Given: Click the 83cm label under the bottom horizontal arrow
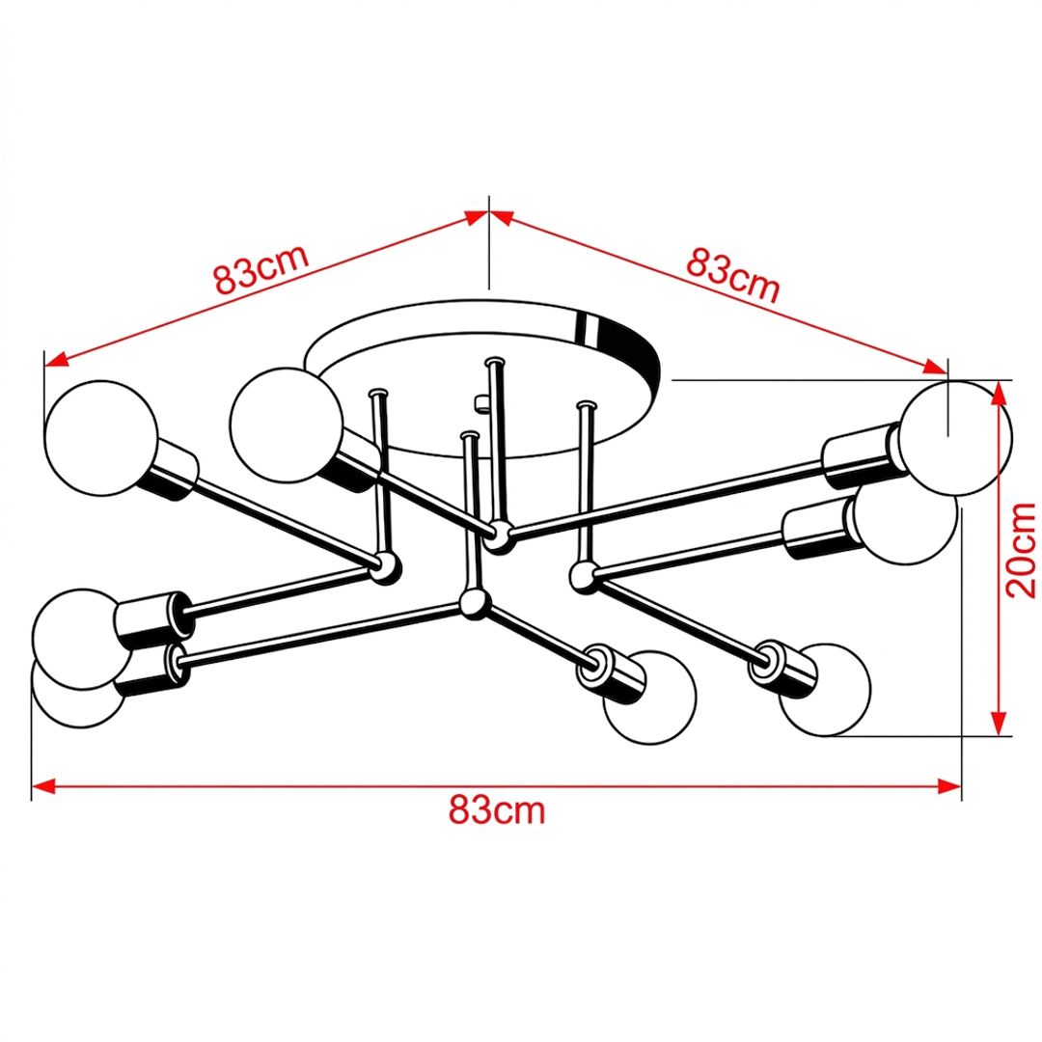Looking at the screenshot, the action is coord(497,810).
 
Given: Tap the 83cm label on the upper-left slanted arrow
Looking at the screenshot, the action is coord(261,268).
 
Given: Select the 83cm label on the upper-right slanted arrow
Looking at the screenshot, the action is coord(732,274).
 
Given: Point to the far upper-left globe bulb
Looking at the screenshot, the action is coord(101,438).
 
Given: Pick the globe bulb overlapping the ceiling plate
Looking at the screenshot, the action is coord(286,425).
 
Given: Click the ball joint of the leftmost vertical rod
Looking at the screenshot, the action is coord(385,567).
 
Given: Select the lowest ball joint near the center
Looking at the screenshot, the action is coord(475,603).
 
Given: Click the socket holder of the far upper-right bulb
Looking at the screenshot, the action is coord(862,457).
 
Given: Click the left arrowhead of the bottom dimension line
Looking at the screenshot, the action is coord(42,787).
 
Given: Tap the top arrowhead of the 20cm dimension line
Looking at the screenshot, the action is coord(999,394).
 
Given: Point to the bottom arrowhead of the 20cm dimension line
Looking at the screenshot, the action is coord(999,724).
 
